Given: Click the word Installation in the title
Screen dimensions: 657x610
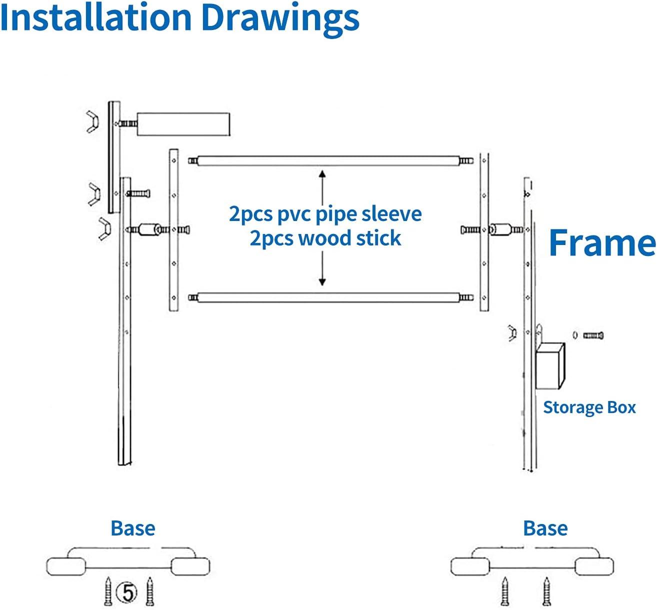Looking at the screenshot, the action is click(96, 16).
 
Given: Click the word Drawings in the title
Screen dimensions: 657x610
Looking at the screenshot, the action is click(280, 20).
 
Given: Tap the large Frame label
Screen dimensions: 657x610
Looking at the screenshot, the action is click(602, 242).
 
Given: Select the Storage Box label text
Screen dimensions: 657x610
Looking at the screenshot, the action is click(589, 407).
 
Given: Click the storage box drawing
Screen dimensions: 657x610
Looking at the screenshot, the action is click(550, 365).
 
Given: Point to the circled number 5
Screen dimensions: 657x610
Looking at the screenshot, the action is click(126, 592).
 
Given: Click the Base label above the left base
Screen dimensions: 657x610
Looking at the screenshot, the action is click(132, 528).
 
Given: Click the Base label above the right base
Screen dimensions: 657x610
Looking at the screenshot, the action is click(545, 528).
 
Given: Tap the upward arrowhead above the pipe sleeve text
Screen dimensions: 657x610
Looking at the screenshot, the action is click(322, 174).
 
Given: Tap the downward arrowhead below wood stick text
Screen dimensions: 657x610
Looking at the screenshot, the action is click(322, 281).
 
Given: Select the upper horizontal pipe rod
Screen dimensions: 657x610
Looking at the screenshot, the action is click(330, 161).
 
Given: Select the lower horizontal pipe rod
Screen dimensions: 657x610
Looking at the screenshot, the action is click(330, 297).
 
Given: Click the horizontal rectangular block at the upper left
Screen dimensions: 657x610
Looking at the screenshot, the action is click(183, 124).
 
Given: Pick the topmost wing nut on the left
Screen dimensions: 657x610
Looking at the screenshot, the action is click(92, 122).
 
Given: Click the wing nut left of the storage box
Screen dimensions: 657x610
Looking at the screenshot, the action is click(512, 333).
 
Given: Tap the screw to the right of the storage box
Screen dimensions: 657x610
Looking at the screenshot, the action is click(593, 335).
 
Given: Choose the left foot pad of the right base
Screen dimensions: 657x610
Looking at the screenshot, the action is click(470, 566).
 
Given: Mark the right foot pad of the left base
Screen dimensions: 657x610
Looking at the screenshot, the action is click(190, 566).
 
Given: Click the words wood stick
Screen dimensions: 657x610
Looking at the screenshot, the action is click(325, 238).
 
